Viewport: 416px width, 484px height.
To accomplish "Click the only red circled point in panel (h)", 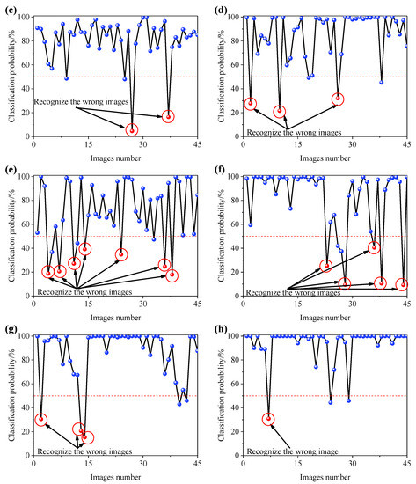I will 269,419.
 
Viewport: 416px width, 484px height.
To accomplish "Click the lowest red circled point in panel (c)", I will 132,130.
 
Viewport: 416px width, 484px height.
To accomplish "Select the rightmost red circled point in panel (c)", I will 169,116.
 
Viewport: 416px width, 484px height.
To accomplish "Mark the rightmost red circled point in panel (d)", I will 338,99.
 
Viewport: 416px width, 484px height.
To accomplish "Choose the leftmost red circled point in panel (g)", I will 40,419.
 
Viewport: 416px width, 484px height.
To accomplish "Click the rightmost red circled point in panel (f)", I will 402,284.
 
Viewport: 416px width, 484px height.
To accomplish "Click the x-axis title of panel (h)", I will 324,478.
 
